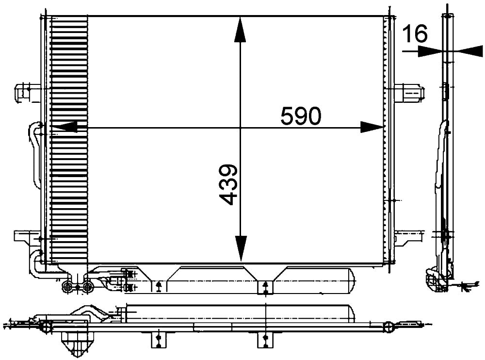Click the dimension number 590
point(300,116)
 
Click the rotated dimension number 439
point(228,184)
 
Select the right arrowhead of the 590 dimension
point(372,128)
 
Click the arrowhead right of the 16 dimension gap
point(468,51)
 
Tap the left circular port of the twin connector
point(67,288)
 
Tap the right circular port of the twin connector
point(87,288)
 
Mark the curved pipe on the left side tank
point(35,155)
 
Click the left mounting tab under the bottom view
point(159,340)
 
